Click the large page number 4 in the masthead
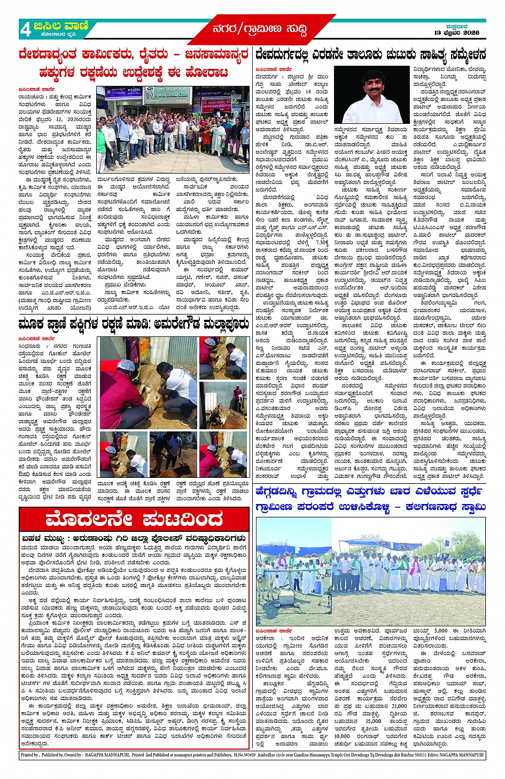click(26, 30)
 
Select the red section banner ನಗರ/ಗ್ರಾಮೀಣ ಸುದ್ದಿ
click(260, 29)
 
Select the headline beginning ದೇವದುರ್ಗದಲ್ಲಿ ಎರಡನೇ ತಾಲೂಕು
click(370, 54)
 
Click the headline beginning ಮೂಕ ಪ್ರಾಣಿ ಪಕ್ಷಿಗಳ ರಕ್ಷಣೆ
click(134, 324)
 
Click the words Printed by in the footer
click(30, 756)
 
